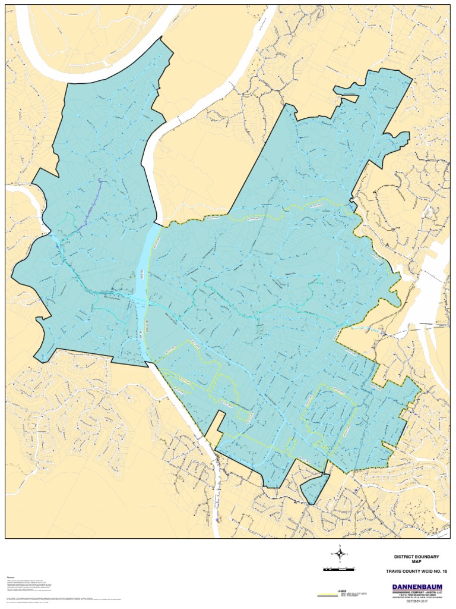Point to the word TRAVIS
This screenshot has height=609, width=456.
point(394,571)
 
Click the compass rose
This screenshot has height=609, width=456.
point(340,554)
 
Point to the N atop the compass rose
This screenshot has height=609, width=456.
point(340,545)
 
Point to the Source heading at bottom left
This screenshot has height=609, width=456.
point(10,577)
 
